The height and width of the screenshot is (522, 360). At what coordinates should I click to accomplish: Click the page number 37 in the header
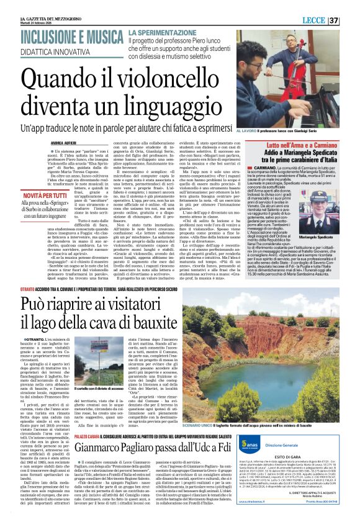tap(351, 20)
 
